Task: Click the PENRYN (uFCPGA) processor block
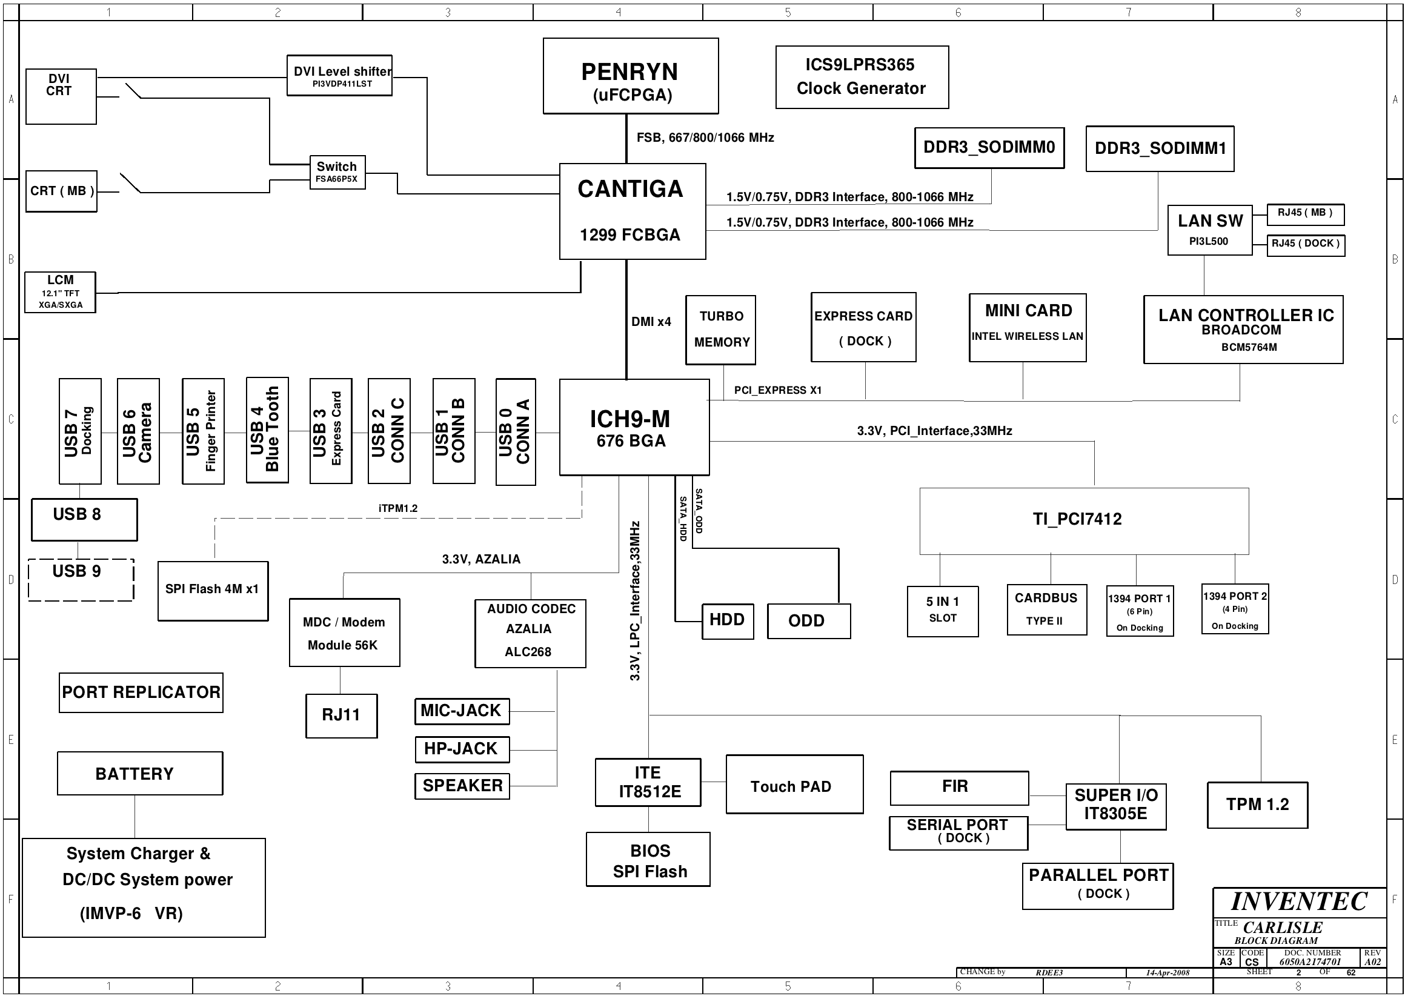[631, 76]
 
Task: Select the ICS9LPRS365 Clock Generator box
[862, 78]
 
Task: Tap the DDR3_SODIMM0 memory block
[989, 148]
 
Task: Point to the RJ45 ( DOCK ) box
[1306, 245]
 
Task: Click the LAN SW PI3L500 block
[1209, 230]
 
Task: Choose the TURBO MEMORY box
[720, 330]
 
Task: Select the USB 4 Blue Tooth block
[267, 430]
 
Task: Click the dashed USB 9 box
[81, 580]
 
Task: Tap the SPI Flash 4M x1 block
[213, 591]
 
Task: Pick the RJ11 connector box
[342, 715]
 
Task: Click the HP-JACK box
[462, 749]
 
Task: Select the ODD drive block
[809, 621]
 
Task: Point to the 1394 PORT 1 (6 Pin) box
[1140, 611]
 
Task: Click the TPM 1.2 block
[1257, 805]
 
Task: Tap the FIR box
[959, 788]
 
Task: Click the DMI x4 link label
[651, 321]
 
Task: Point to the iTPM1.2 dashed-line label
[398, 508]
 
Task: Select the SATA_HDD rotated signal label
[683, 518]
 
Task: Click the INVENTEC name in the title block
[1299, 901]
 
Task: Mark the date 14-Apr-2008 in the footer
[1168, 973]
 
